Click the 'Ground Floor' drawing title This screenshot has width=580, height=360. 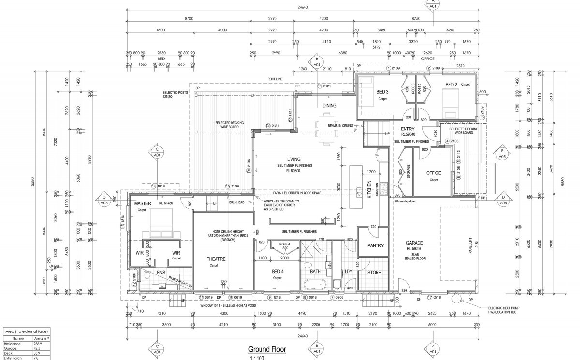point(267,349)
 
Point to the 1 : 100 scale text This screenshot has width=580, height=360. point(258,358)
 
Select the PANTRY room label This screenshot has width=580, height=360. point(375,245)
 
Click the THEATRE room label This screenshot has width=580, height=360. point(216,259)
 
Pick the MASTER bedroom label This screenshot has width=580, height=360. point(143,203)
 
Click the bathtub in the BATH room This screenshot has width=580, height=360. point(315,284)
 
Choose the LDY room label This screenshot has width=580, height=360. point(348,272)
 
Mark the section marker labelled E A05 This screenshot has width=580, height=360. point(502,154)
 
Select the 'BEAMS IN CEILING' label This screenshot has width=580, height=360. point(341,126)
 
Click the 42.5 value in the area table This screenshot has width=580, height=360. point(36,347)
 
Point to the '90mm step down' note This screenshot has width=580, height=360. point(405,200)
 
